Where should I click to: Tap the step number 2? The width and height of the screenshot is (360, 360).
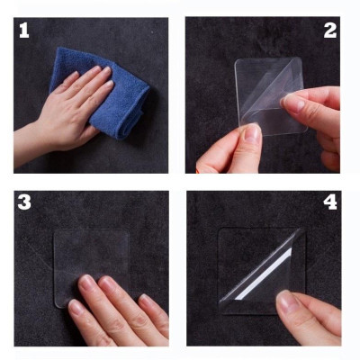[329, 30]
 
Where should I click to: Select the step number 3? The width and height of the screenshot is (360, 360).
[25, 202]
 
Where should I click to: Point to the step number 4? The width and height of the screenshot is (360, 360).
[330, 202]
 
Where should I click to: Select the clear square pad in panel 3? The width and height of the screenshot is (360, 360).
[90, 256]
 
